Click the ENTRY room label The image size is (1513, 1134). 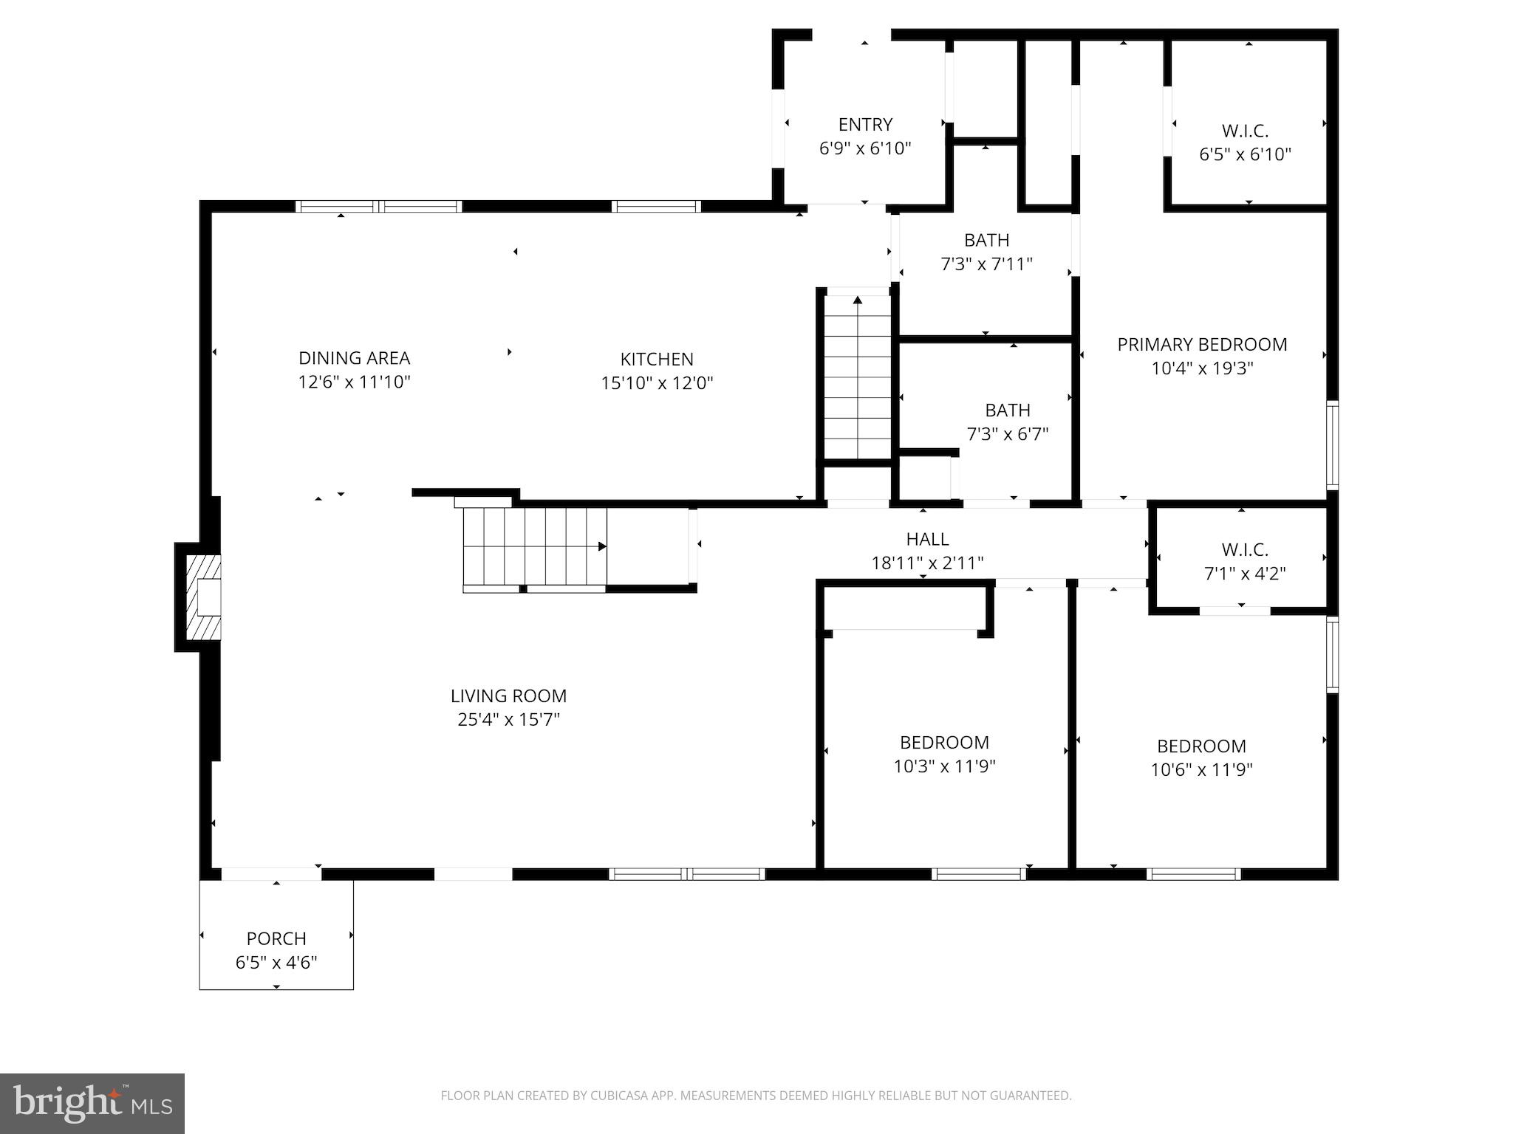(x=865, y=124)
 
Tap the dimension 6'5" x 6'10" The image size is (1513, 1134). (x=1245, y=154)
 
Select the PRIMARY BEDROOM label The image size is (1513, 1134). (x=1202, y=344)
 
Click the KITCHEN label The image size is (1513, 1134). (x=657, y=359)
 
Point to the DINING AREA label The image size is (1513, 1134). (x=354, y=358)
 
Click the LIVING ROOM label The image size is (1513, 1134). (x=508, y=695)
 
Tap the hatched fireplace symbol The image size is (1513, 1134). (x=202, y=597)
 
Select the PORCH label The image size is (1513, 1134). (x=276, y=938)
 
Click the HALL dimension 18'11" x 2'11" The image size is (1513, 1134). (x=927, y=563)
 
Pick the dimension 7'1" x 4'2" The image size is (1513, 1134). (x=1245, y=574)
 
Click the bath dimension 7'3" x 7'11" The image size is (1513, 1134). (x=986, y=264)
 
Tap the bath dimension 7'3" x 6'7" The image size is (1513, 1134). (x=1008, y=434)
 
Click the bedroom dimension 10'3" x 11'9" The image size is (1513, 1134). (x=944, y=766)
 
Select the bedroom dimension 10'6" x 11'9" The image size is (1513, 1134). (x=1201, y=770)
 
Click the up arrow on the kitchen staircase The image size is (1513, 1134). (x=858, y=300)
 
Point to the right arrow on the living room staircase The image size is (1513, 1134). (x=602, y=546)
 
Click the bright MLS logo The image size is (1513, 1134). (x=92, y=1103)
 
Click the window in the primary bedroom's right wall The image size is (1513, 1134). (x=1332, y=444)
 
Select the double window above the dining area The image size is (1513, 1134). (x=379, y=207)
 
